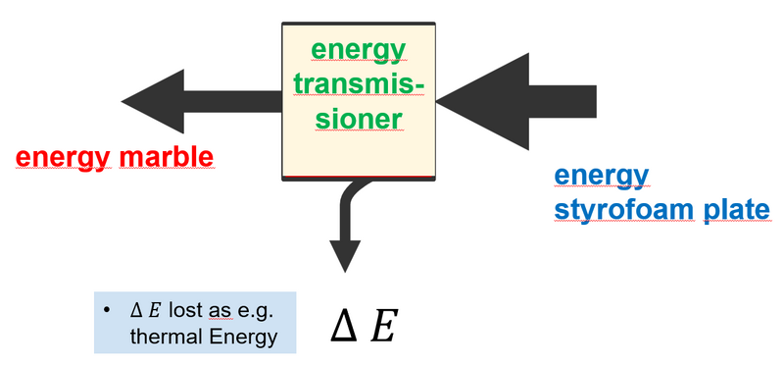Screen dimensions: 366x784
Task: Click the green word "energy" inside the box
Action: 358,49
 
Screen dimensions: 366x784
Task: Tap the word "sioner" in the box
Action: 358,119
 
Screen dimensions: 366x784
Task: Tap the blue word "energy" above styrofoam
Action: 601,176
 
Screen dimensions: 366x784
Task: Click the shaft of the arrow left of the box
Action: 230,100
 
